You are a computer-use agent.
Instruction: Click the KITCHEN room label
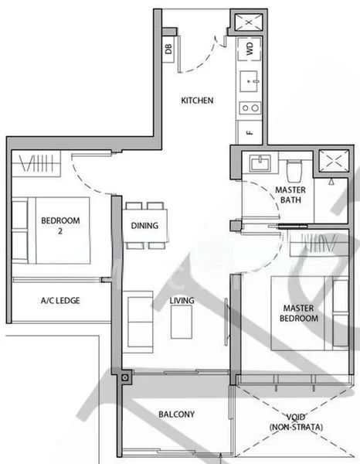[x=197, y=101]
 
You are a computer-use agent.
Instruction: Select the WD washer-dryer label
[x=250, y=49]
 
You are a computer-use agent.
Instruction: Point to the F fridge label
[x=250, y=132]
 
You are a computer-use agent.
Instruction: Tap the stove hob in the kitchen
[x=250, y=107]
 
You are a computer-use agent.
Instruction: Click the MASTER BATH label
[x=290, y=196]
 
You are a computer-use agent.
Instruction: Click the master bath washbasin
[x=258, y=164]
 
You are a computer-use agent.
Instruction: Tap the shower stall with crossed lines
[x=335, y=162]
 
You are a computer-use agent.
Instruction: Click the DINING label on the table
[x=145, y=226]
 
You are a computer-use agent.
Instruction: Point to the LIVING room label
[x=182, y=300]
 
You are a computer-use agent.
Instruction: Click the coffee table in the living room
[x=182, y=320]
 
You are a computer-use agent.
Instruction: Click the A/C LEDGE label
[x=59, y=300]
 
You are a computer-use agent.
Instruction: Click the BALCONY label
[x=177, y=415]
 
